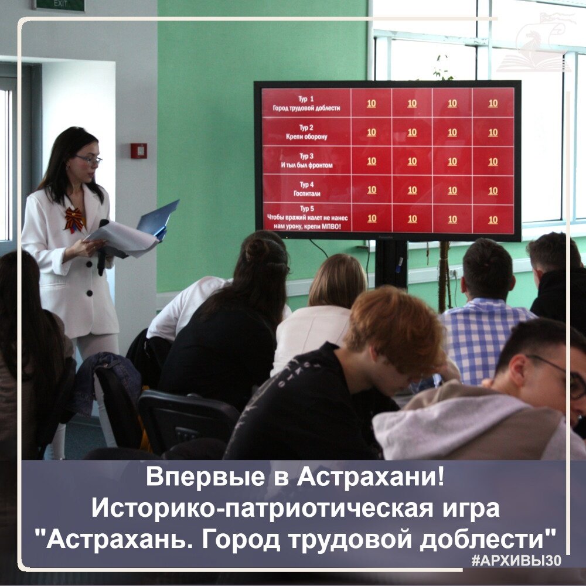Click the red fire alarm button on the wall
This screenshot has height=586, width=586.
pyautogui.click(x=139, y=151)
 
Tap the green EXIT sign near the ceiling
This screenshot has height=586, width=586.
pyautogui.click(x=59, y=5)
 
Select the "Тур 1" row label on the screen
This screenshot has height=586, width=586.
pyautogui.click(x=306, y=103)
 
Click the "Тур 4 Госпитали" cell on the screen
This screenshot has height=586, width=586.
pyautogui.click(x=306, y=189)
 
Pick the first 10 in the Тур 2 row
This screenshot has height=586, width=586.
pyautogui.click(x=372, y=132)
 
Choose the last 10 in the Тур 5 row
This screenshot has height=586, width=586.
pyautogui.click(x=493, y=219)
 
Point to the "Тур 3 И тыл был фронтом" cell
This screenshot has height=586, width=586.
pyautogui.click(x=306, y=161)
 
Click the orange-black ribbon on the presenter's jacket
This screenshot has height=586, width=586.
pyautogui.click(x=74, y=219)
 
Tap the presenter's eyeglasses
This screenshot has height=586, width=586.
pyautogui.click(x=88, y=159)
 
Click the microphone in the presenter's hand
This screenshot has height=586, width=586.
pyautogui.click(x=103, y=246)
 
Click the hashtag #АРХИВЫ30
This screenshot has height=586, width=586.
pyautogui.click(x=516, y=560)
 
